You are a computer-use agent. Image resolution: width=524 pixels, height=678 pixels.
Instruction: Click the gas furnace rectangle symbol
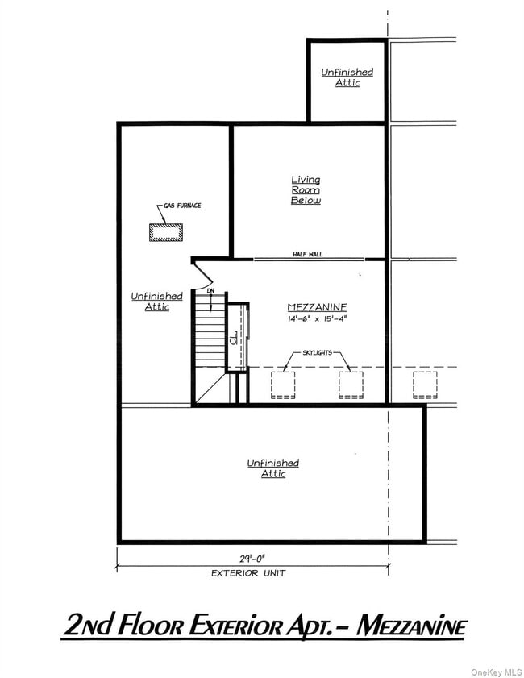(x=166, y=231)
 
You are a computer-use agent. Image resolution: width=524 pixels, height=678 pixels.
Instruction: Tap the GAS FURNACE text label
(x=182, y=206)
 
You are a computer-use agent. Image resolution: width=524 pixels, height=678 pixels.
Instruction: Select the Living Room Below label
(x=306, y=189)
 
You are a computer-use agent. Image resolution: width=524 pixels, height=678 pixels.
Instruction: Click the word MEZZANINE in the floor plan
(x=317, y=307)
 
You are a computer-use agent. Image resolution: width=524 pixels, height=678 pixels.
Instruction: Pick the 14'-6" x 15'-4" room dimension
(x=317, y=319)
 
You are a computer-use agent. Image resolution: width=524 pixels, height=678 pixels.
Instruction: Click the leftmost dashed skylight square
(x=283, y=385)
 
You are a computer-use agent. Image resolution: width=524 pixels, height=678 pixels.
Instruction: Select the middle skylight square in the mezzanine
(x=351, y=385)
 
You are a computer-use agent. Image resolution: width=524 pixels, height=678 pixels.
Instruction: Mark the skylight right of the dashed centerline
(x=425, y=385)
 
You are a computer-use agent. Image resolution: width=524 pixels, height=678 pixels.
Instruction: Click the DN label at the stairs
(x=210, y=290)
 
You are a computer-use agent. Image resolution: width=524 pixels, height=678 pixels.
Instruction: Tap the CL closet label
(x=234, y=338)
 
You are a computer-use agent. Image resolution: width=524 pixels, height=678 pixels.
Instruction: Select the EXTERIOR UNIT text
(x=248, y=573)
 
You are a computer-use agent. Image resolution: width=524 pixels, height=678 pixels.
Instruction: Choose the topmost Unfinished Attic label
(x=347, y=77)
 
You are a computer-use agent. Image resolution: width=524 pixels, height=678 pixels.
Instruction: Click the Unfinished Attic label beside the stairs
(x=157, y=302)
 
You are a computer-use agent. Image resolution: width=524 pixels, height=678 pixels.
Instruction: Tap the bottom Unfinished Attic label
(x=273, y=468)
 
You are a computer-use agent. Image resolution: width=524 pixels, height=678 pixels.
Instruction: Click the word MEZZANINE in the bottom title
(x=411, y=626)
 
